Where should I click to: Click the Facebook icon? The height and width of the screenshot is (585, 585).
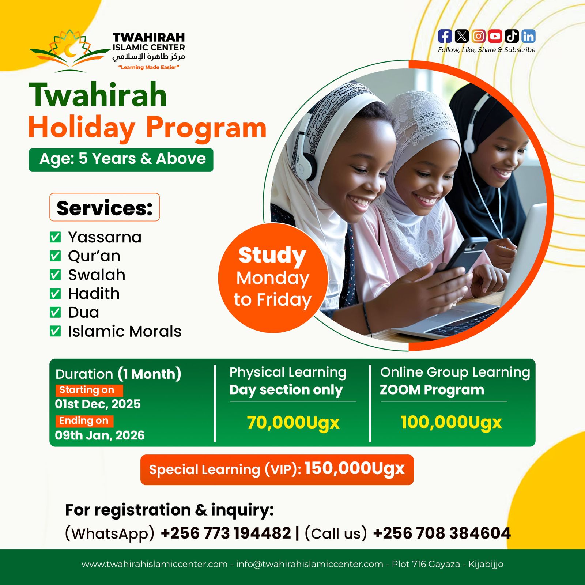coord(445,36)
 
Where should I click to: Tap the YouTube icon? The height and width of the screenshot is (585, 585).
coord(495,36)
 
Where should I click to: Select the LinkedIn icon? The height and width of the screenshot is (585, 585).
coord(529,36)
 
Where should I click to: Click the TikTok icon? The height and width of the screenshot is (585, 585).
coord(512,36)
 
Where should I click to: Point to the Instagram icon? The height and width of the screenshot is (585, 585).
coord(479,36)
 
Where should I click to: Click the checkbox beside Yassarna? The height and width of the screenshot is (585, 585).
coord(55,237)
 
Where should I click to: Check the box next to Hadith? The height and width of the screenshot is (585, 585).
coord(55,294)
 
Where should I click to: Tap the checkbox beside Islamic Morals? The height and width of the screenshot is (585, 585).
coord(55,331)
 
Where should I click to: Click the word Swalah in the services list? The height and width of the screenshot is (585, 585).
coord(97,275)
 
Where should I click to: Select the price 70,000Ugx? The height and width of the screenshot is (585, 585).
coord(293,423)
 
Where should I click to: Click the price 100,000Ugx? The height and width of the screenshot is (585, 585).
coord(451,422)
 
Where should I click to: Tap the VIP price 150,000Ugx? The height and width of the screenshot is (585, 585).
coord(354,468)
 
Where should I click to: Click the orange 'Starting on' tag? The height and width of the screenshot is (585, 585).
coord(89,390)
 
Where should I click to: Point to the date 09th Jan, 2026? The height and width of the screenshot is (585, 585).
coord(100,435)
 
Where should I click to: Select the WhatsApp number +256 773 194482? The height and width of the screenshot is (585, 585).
coord(226,533)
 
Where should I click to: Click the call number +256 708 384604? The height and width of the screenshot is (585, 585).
coord(442,533)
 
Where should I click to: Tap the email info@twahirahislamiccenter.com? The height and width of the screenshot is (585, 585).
coord(309,564)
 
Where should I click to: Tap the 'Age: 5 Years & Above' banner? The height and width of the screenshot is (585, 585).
coord(121,160)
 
